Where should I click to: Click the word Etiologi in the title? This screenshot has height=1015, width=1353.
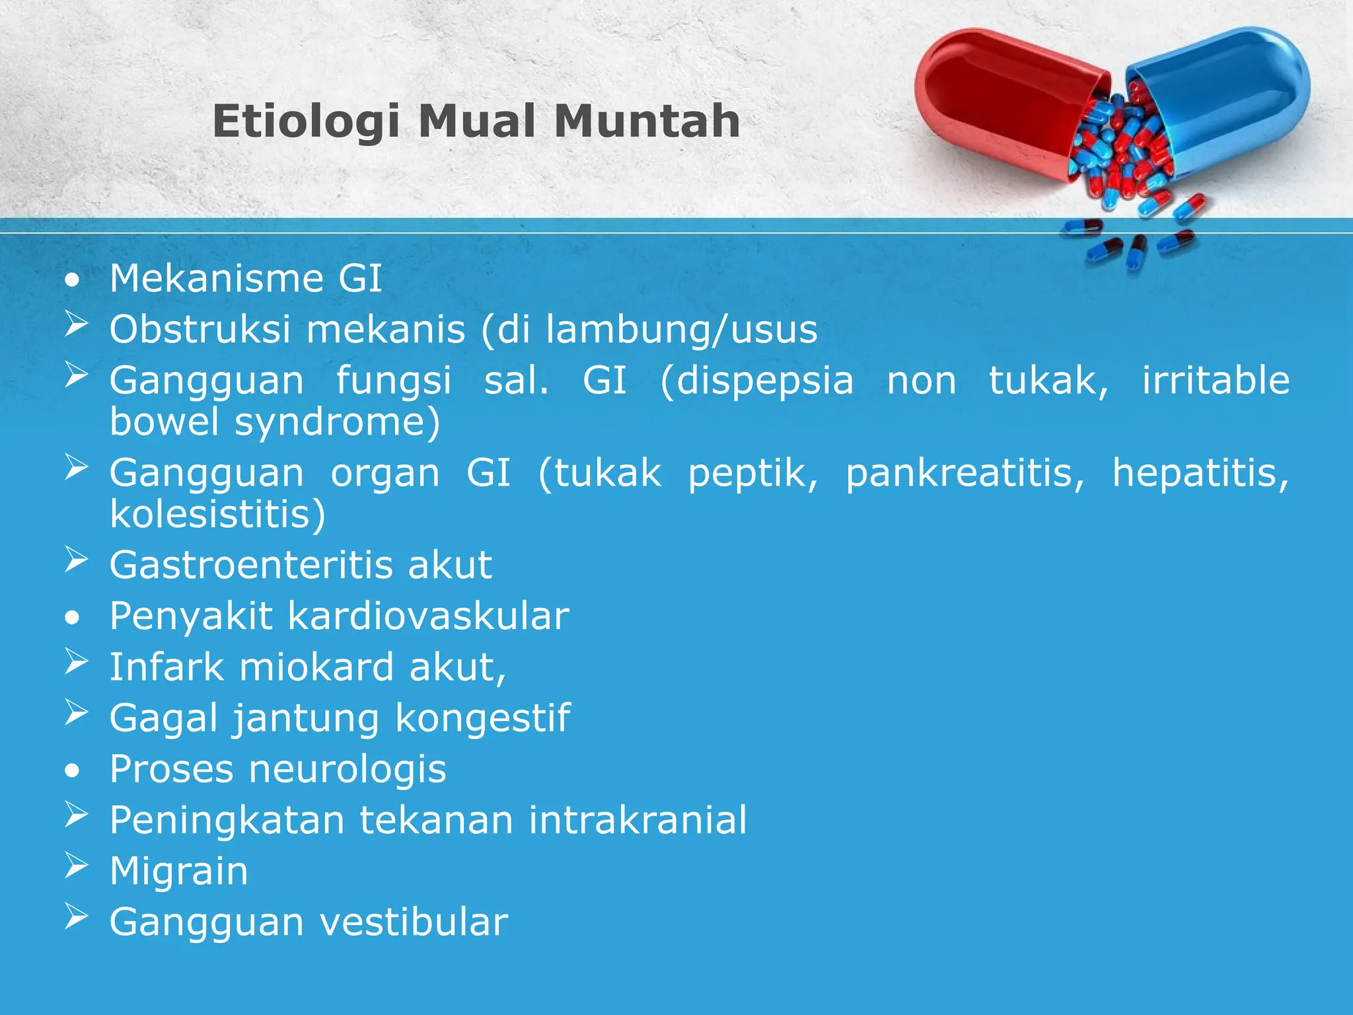(305, 123)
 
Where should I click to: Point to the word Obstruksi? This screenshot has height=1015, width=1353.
(200, 329)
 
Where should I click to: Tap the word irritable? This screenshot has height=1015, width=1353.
(1216, 381)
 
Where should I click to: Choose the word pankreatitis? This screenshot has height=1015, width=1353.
(965, 474)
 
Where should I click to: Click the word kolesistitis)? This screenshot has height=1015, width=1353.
(218, 515)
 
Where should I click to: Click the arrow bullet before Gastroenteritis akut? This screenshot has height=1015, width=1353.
(77, 560)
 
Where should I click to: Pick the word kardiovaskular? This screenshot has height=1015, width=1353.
(428, 617)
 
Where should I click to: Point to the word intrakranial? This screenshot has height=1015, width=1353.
(637, 821)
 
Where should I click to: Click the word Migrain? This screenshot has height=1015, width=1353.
(179, 872)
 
